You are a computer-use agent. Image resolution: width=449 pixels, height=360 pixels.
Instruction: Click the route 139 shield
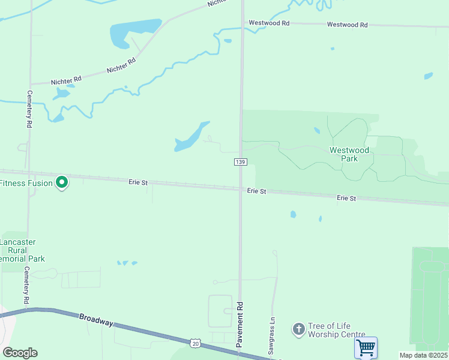point(240,162)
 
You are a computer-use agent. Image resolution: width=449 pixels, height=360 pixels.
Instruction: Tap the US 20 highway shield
point(194,343)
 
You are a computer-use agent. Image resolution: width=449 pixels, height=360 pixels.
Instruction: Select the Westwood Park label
point(349,154)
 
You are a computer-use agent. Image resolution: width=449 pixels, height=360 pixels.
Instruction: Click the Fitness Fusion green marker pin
point(61,182)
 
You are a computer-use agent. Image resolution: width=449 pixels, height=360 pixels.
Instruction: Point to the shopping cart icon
point(366,347)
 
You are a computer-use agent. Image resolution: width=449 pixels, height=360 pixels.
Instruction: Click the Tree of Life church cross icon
point(298,329)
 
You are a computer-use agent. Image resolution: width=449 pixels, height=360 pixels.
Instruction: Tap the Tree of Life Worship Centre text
point(336,330)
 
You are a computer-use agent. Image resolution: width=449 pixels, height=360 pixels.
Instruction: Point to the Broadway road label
point(96,319)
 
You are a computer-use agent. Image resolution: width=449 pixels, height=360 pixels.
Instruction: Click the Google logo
point(20,353)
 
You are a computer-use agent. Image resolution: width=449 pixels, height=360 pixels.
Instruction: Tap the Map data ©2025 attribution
point(424,355)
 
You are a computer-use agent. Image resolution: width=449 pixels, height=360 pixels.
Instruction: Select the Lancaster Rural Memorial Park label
point(20,250)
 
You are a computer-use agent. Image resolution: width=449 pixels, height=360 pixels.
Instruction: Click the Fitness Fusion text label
point(26,183)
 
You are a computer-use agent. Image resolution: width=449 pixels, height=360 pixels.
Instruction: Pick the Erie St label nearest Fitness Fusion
point(137,181)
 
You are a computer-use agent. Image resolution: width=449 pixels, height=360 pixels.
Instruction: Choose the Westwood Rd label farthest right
point(347,25)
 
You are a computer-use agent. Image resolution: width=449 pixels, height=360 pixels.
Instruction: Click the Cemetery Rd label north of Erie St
point(29,109)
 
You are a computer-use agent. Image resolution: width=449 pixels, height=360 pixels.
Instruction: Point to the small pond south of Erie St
point(293,214)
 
